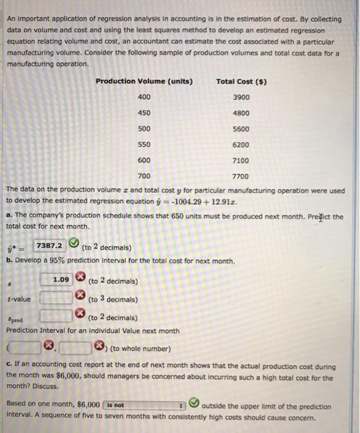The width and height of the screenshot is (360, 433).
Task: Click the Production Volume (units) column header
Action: [x=144, y=82]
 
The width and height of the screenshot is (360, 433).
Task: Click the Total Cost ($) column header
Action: [x=241, y=82]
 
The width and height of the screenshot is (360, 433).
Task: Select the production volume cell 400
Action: [x=144, y=97]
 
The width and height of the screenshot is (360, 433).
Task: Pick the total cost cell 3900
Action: [x=241, y=97]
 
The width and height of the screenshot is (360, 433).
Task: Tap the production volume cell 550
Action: [x=144, y=145]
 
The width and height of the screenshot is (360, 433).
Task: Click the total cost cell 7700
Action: [x=241, y=176]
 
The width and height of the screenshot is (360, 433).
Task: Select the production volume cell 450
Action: [x=144, y=113]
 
